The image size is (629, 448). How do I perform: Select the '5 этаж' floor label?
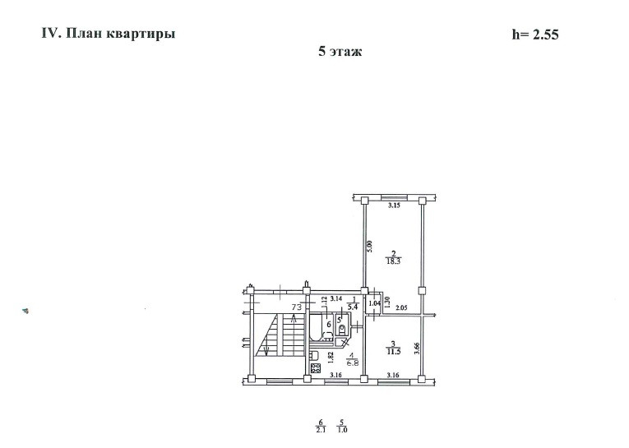(x=340, y=51)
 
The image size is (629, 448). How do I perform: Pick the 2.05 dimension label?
(x=401, y=308)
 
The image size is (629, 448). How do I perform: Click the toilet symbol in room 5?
(x=343, y=327)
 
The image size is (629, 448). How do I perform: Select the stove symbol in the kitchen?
(x=315, y=367)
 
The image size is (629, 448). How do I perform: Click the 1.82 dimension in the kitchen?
(x=330, y=357)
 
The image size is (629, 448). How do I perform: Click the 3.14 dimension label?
(x=317, y=300)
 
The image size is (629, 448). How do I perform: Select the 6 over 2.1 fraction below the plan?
(x=320, y=427)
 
